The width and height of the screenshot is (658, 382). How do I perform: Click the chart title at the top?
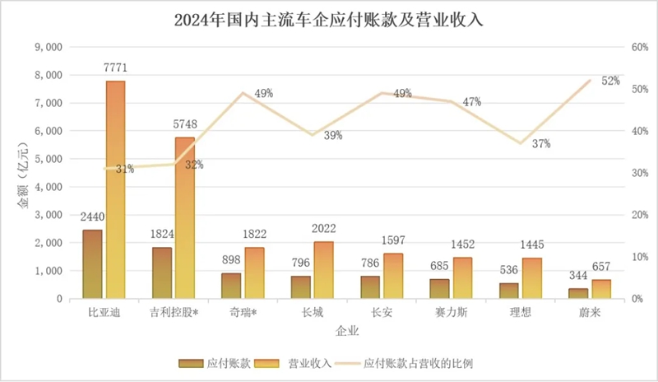329,19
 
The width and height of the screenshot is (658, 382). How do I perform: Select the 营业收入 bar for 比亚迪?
115,189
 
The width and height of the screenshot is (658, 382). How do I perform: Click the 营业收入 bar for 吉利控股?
185,218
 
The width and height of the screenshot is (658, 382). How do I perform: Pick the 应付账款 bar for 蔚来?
578,293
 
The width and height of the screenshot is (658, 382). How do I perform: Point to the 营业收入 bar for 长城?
323,270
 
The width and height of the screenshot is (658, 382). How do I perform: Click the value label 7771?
115,67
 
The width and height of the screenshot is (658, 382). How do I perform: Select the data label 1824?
161,234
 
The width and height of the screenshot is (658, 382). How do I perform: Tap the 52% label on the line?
610,81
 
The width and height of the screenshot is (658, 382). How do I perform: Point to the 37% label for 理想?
540,144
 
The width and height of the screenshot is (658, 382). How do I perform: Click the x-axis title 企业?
346,332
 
